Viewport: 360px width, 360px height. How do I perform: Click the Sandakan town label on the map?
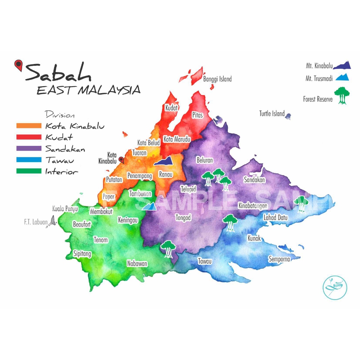255,180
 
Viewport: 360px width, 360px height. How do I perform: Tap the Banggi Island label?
217,79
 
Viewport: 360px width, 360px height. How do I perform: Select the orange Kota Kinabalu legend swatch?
29,126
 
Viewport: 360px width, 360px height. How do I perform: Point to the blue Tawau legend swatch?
29,160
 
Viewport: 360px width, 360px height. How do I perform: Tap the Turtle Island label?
272,114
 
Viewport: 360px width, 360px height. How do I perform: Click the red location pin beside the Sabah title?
18,65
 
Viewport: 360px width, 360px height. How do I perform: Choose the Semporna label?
279,259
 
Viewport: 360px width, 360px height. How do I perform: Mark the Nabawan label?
137,263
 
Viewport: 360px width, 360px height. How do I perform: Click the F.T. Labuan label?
33,222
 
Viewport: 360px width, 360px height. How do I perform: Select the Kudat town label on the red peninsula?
172,108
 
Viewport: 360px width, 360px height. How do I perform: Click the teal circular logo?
334,288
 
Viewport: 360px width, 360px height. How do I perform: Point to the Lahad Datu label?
276,218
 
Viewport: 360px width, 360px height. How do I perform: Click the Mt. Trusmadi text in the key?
319,79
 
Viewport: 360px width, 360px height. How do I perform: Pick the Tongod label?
183,218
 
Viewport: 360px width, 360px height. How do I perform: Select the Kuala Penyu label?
65,209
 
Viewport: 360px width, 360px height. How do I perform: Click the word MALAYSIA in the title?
109,90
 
